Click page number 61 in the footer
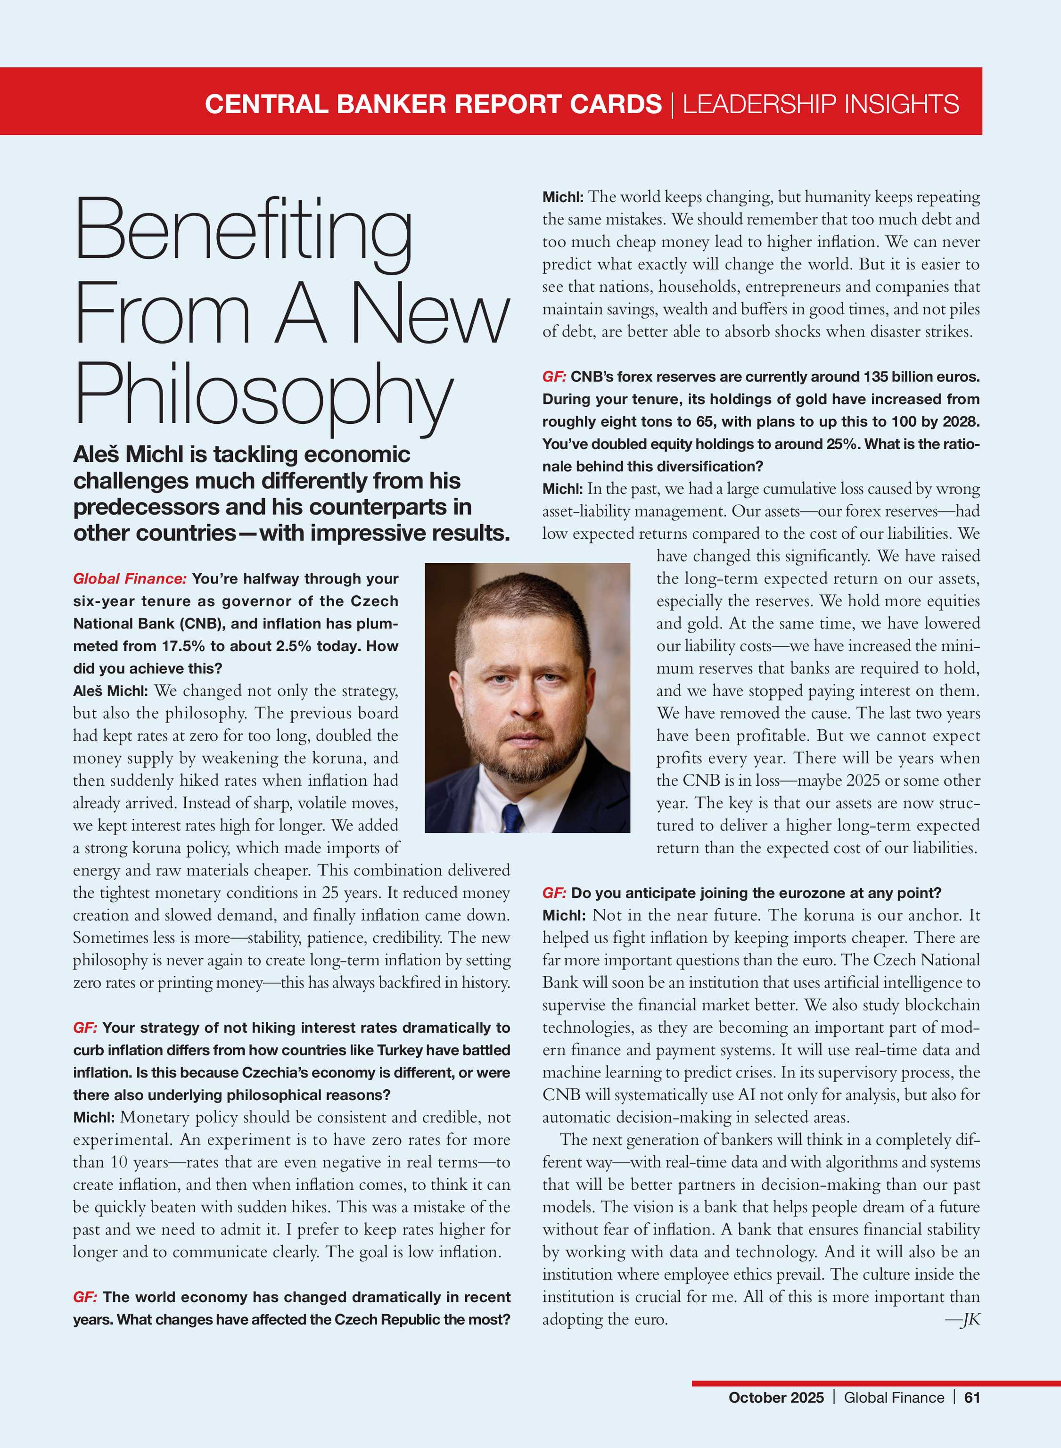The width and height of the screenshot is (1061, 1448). pyautogui.click(x=972, y=1397)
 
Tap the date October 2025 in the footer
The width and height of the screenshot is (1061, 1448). pyautogui.click(x=775, y=1397)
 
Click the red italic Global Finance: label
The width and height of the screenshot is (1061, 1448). pyautogui.click(x=130, y=578)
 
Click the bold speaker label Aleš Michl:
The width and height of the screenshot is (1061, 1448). pyautogui.click(x=110, y=691)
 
